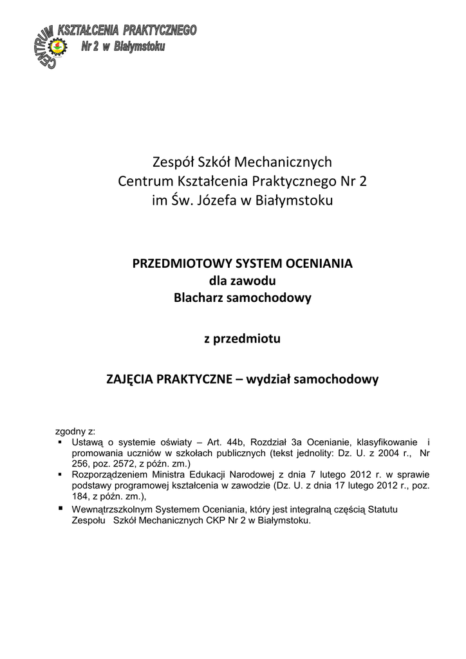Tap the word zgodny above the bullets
(x=68, y=431)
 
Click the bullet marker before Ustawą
(x=59, y=442)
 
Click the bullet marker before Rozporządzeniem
(x=59, y=474)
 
